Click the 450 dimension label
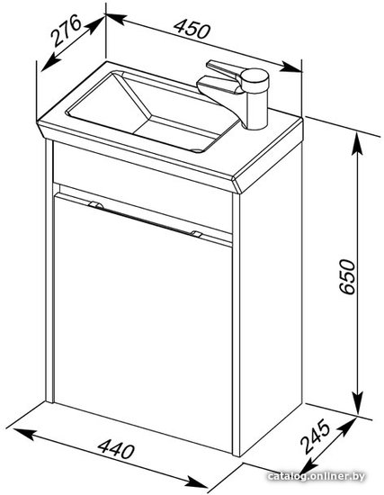click(x=192, y=29)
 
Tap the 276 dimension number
click(x=67, y=31)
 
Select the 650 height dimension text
click(x=347, y=277)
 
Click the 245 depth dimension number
click(x=316, y=436)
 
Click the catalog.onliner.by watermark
click(x=316, y=476)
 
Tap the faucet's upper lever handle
click(x=222, y=68)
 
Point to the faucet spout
click(x=219, y=88)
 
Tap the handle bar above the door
click(x=145, y=219)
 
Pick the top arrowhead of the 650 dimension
click(x=357, y=143)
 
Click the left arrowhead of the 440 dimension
click(x=23, y=434)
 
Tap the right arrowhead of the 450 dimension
click(x=292, y=67)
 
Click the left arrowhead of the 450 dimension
click(x=117, y=19)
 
